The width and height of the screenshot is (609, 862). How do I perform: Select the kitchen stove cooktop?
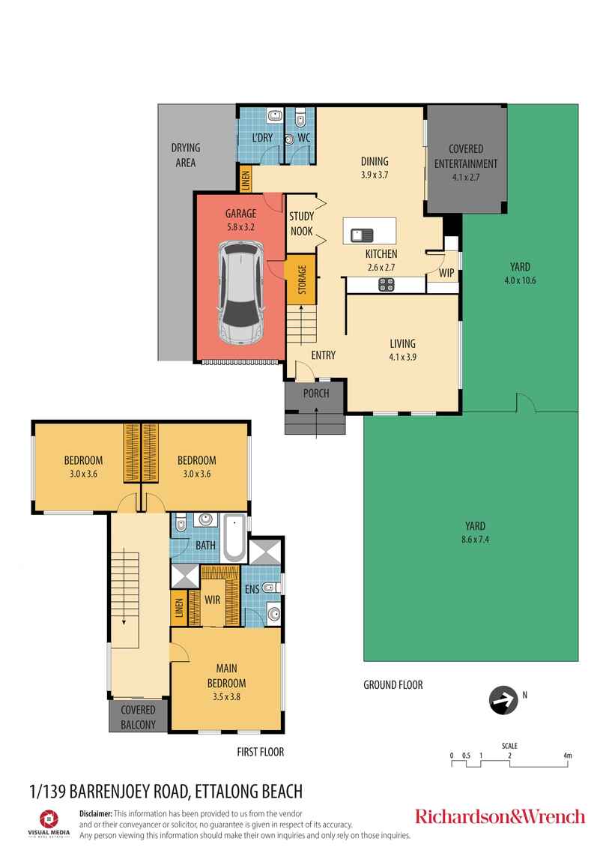pos(387,284)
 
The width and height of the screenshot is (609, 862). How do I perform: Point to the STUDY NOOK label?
pos(302,223)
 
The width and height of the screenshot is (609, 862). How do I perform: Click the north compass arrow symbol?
pos(501,700)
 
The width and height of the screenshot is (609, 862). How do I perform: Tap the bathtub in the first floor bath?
pos(234,537)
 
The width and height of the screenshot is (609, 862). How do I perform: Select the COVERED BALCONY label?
pos(138,717)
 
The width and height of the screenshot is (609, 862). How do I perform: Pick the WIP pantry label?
pos(446,273)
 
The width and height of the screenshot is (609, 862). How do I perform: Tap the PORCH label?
pos(315,394)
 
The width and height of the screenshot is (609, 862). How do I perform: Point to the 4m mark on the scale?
pos(567,756)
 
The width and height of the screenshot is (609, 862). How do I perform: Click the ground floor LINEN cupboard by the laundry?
pos(245,179)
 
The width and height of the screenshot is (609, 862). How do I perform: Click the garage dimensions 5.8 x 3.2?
pos(240,227)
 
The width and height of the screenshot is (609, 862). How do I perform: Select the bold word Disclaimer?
pos(96,813)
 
